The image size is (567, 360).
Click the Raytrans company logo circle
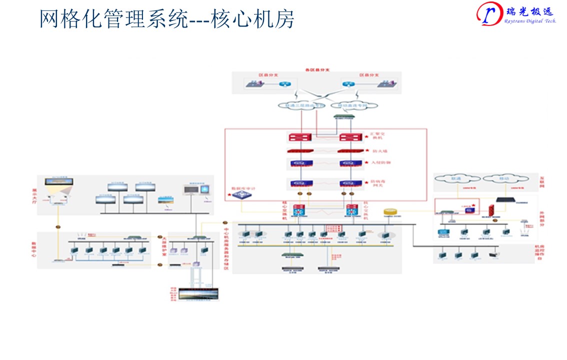489,13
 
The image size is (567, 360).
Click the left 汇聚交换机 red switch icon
300,137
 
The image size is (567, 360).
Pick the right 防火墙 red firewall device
350,150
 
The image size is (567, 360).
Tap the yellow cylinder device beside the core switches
391,212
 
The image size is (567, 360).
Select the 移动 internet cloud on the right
505,178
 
